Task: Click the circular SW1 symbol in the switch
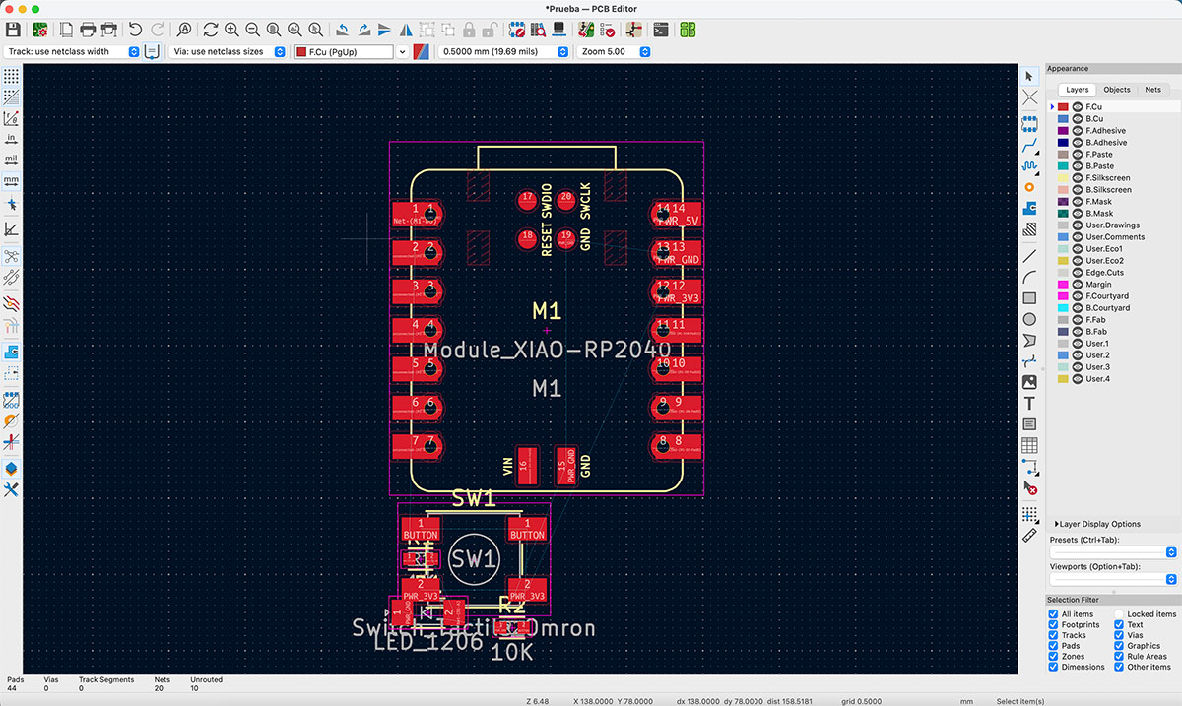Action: pos(473,559)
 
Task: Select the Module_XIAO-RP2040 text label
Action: pos(547,351)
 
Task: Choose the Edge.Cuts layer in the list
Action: pos(1104,273)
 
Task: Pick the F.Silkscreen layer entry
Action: pos(1108,178)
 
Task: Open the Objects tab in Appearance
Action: pos(1117,90)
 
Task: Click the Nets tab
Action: pos(1152,90)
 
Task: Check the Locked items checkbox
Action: pos(1120,614)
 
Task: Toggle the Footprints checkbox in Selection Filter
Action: pos(1054,625)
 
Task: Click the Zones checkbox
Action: pos(1054,657)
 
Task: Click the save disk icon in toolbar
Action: pos(13,30)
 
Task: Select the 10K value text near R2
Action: pos(511,651)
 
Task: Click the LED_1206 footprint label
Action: pos(428,641)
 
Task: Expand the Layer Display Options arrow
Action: pos(1056,524)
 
